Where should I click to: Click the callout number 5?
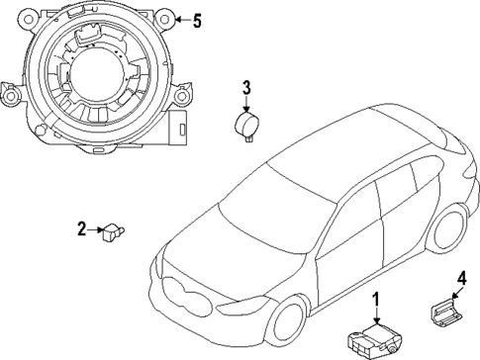[x=196, y=20]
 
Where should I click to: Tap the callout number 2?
[x=82, y=230]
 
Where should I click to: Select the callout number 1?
[x=375, y=300]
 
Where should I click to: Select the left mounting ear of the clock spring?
[x=10, y=98]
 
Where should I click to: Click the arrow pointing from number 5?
[x=179, y=20]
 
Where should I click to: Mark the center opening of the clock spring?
[x=97, y=79]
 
